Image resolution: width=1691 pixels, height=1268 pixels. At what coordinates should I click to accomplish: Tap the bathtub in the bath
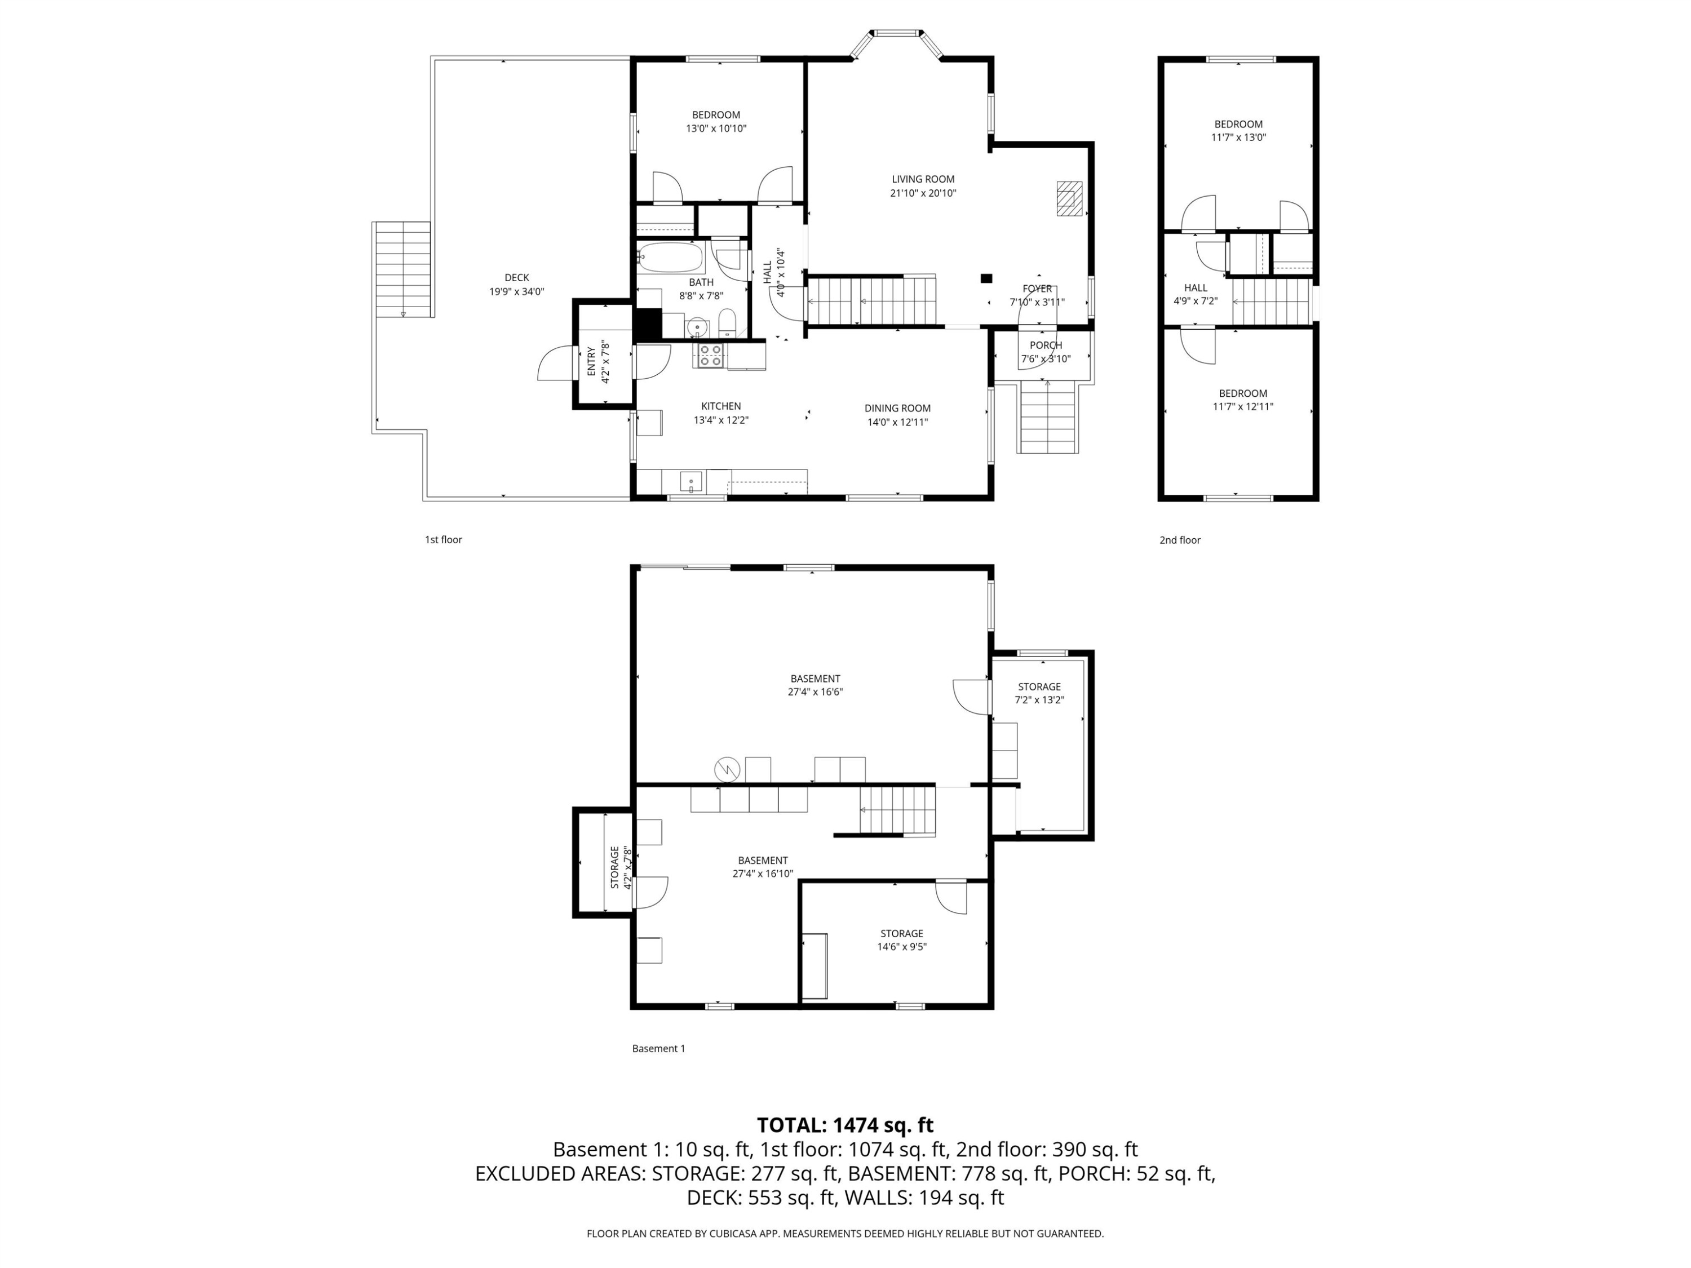coord(670,258)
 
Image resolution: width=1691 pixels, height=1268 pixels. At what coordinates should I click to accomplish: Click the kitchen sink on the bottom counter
coord(691,481)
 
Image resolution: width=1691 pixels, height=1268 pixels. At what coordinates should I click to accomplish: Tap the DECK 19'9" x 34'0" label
coord(517,285)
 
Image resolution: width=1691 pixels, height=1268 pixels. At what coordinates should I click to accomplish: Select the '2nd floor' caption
coord(1180,540)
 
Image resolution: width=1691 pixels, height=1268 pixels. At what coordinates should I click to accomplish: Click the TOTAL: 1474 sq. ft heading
coord(845,1125)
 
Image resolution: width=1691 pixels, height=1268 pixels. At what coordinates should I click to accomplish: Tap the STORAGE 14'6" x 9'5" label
coord(901,939)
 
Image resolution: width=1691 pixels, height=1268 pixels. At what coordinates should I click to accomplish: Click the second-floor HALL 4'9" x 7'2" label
coord(1196,294)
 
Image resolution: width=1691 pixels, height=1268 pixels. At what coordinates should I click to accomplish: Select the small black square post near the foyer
coord(986,278)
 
